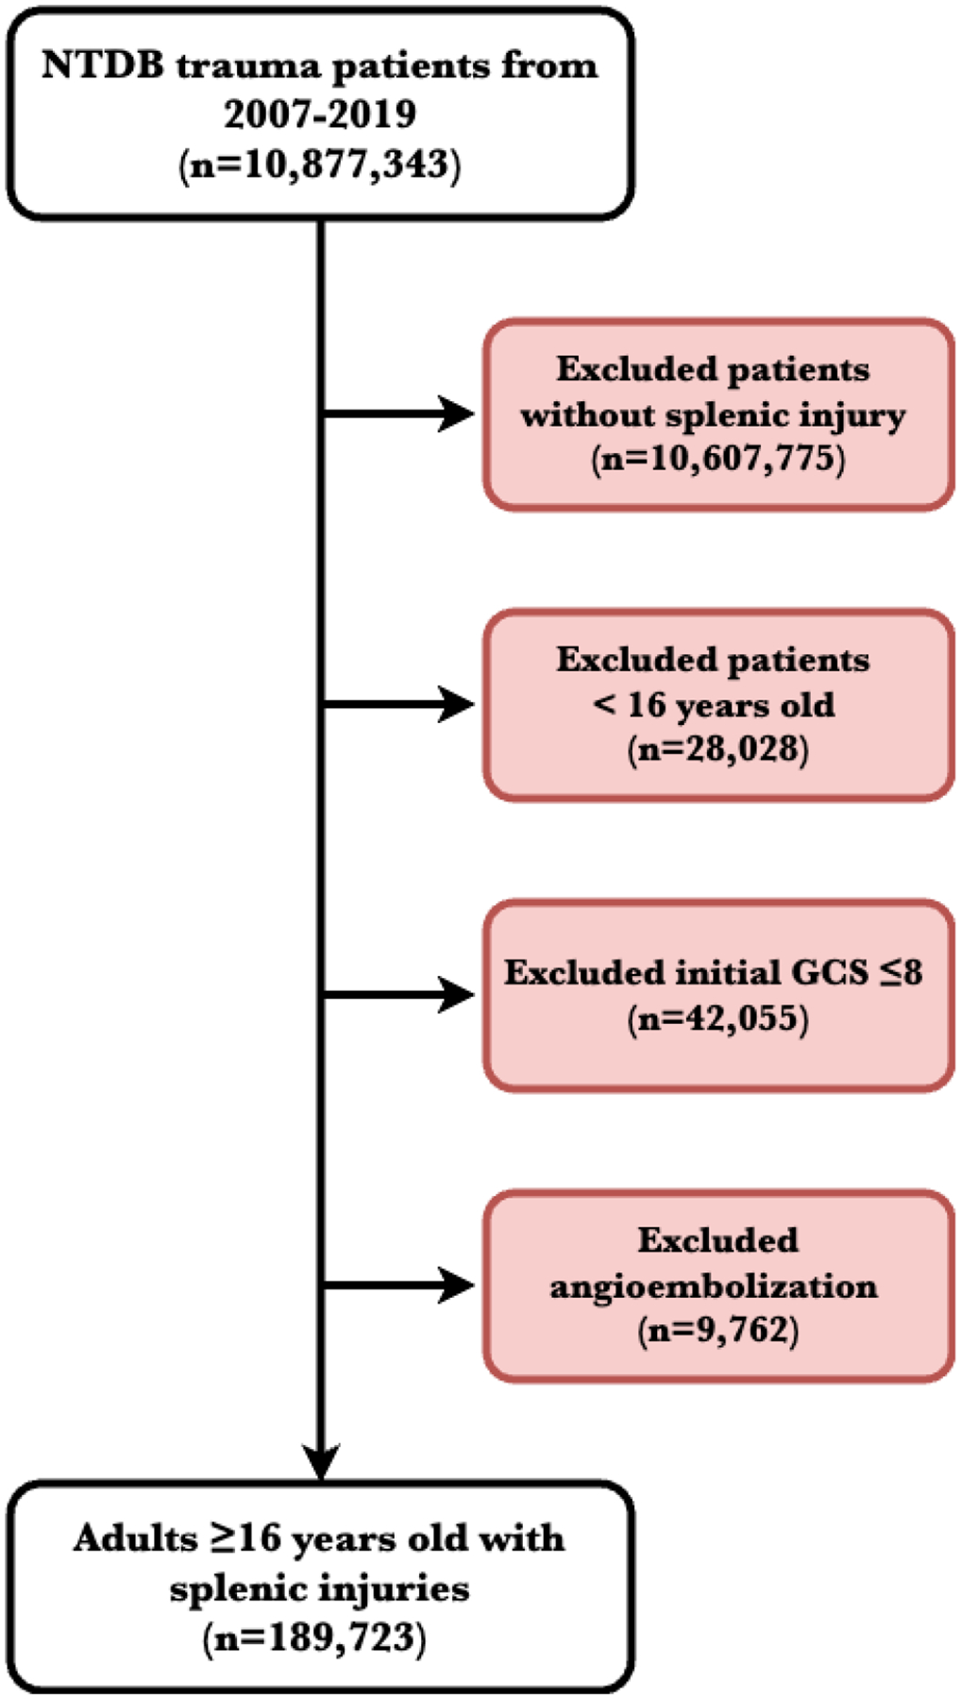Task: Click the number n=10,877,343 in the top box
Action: click(x=319, y=164)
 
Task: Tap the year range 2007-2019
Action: click(x=319, y=114)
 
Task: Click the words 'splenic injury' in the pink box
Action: click(x=785, y=414)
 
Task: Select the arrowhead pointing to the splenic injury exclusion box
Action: click(x=457, y=413)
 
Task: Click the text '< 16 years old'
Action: click(x=714, y=704)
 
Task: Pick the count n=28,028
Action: click(x=717, y=749)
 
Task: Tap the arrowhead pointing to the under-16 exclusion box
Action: click(x=457, y=704)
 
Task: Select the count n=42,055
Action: click(x=717, y=1018)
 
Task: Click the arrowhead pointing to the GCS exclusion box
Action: click(x=457, y=995)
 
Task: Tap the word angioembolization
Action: click(x=714, y=1286)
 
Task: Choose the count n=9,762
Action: click(x=717, y=1331)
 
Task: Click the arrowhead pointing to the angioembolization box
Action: click(x=457, y=1285)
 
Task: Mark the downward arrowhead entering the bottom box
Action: click(x=321, y=1462)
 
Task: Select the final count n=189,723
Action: click(x=313, y=1637)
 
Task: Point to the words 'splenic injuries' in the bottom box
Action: click(x=319, y=1588)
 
